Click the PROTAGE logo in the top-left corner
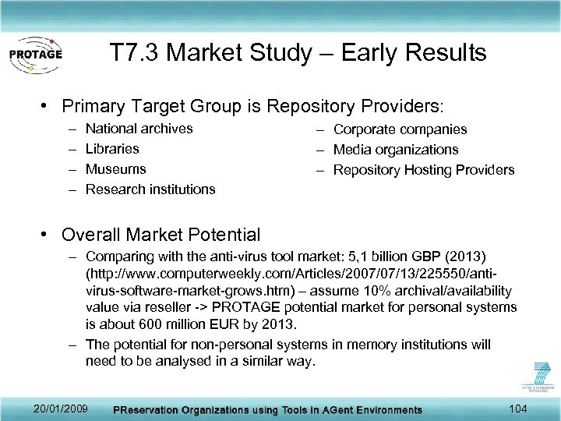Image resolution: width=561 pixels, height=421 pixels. pos(35,55)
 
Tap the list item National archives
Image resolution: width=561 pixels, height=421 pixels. pos(139,129)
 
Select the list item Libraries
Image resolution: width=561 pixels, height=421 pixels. pos(112,149)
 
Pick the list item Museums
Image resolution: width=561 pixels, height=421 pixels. pos(115,169)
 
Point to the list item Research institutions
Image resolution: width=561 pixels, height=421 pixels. pos(150,189)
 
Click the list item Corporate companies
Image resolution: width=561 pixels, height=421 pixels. pos(400,129)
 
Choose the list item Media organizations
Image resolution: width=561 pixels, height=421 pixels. pos(396,150)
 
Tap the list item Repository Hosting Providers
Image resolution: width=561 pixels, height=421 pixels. pos(424,170)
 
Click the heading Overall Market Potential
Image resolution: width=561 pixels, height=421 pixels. pos(161,235)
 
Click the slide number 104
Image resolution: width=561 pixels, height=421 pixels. pos(516,408)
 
